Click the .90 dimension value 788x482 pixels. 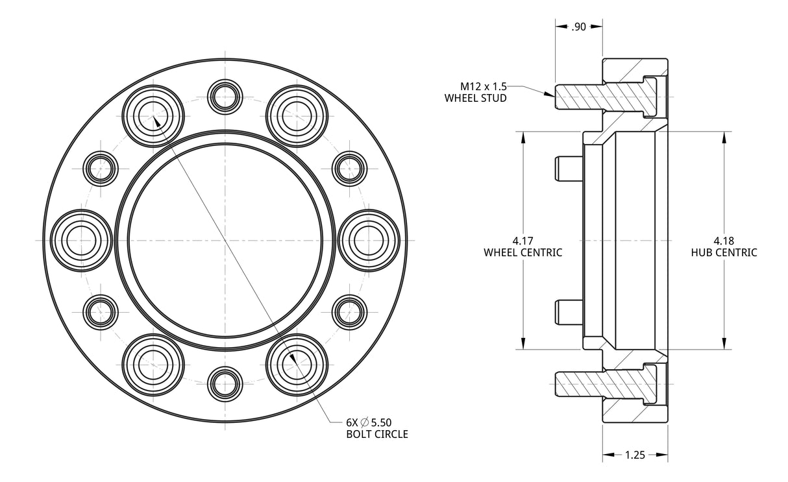click(578, 27)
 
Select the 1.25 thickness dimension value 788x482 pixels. click(635, 455)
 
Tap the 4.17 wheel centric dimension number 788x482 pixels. click(523, 240)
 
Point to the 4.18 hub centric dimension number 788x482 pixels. click(724, 240)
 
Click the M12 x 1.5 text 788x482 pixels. click(484, 86)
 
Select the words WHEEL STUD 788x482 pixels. click(475, 98)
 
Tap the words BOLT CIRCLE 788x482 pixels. click(377, 434)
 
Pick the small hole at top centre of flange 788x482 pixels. click(225, 95)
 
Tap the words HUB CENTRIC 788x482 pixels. click(724, 252)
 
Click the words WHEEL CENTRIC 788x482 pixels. click(523, 252)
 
